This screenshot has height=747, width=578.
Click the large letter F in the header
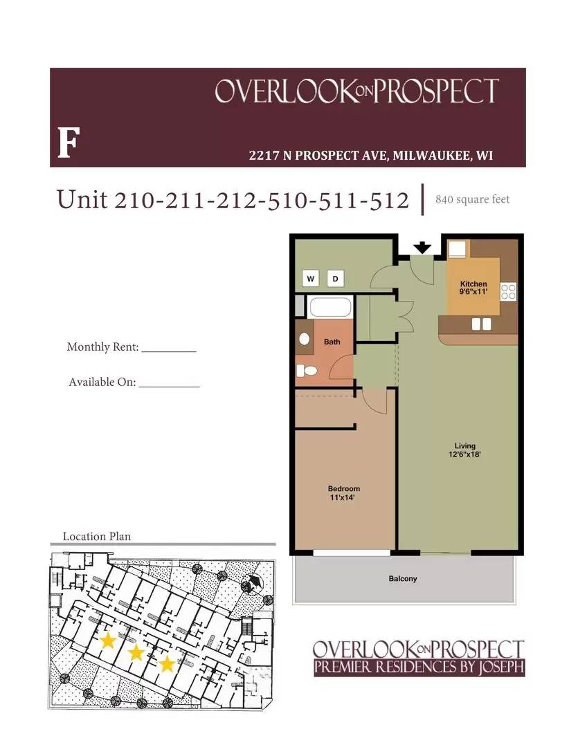click(66, 143)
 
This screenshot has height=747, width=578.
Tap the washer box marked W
click(311, 279)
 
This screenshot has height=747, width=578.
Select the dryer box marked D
click(336, 279)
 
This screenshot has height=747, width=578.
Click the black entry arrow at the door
click(422, 248)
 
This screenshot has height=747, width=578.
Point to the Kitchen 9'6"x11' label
click(474, 288)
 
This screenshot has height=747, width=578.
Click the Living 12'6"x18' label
click(464, 450)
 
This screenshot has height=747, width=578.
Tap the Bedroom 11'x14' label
click(343, 492)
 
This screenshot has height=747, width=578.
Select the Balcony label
click(402, 578)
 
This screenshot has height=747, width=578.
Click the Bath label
click(332, 342)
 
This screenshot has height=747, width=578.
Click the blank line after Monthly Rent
click(169, 351)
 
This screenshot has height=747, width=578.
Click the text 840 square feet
click(472, 200)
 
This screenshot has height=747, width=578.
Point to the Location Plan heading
click(96, 536)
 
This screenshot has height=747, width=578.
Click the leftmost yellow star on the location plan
click(107, 640)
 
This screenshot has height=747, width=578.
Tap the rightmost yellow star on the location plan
click(167, 664)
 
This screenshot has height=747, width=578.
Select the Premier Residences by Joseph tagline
click(419, 667)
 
